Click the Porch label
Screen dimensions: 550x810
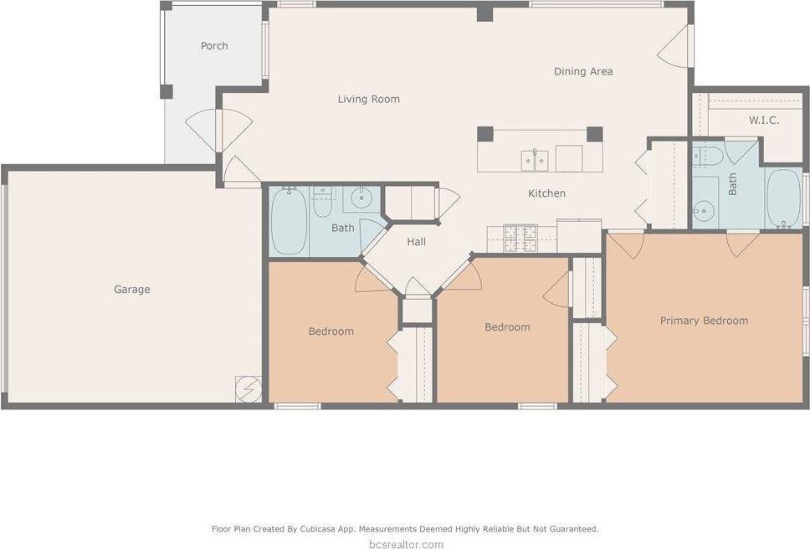[214, 46]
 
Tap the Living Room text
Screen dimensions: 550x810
[368, 99]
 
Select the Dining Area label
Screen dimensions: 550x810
[582, 71]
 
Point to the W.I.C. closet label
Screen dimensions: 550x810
[763, 121]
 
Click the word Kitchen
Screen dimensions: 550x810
[546, 193]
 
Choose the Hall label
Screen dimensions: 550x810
[416, 242]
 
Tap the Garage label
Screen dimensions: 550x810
[132, 290]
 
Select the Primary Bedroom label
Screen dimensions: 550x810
[704, 321]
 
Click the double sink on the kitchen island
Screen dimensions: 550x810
[535, 159]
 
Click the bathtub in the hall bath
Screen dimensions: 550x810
[289, 222]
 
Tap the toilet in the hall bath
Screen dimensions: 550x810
[323, 203]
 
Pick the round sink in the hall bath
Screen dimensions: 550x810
[361, 198]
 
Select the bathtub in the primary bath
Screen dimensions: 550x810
[784, 198]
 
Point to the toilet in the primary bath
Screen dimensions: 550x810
[708, 156]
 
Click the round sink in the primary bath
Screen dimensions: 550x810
[704, 210]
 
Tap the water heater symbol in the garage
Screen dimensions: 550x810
[249, 389]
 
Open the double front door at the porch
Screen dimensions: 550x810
[218, 131]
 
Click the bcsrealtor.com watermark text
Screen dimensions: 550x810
[405, 544]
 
